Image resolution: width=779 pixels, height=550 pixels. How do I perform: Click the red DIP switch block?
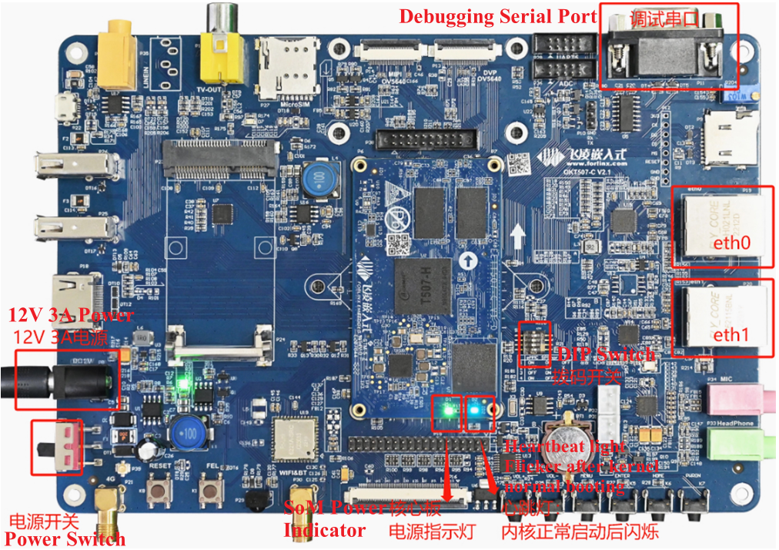coord(535,344)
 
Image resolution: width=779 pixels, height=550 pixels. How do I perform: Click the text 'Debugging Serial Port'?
coord(497,16)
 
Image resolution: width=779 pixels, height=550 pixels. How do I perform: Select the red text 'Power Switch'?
coord(65,538)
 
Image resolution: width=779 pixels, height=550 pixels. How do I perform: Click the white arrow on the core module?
coord(518,233)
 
